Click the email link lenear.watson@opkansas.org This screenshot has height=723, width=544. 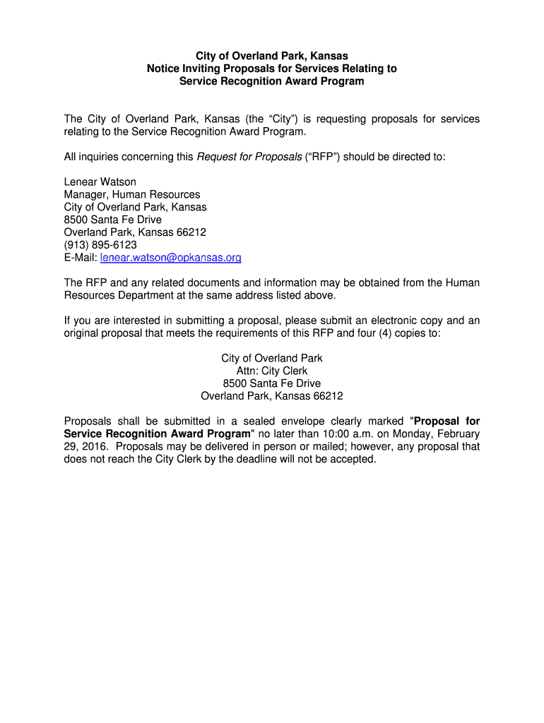(x=171, y=258)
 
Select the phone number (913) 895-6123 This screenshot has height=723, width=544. (x=100, y=245)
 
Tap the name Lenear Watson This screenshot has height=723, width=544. (x=100, y=181)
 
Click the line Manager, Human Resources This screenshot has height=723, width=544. (x=131, y=194)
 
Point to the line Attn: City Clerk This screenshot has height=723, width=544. (x=272, y=371)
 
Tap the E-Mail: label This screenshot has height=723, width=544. (x=81, y=258)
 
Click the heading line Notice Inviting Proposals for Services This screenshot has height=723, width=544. (x=272, y=68)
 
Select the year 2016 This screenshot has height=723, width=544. (x=94, y=446)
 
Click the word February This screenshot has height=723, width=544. (x=457, y=434)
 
